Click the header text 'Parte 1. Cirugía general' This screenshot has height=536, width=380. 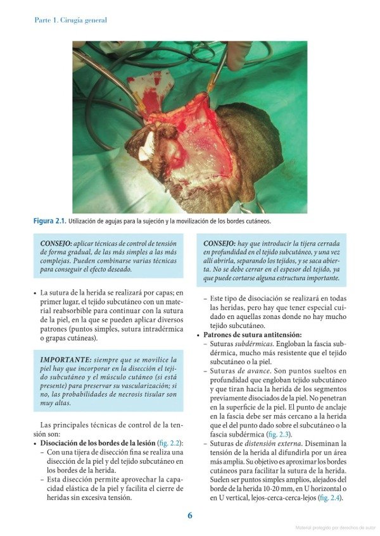70,20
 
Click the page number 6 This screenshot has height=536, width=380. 189,515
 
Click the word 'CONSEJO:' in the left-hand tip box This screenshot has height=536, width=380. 56,243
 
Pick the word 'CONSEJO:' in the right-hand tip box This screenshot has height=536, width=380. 218,243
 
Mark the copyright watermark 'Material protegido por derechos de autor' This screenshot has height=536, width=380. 335,527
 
